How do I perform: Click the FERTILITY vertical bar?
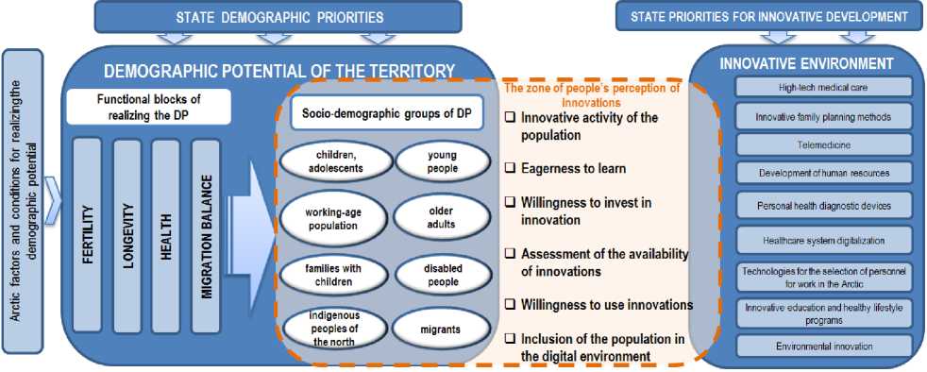tap(87, 235)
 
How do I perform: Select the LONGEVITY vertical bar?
tap(127, 235)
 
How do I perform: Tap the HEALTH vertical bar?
tap(166, 235)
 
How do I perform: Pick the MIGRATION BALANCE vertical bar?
tap(206, 235)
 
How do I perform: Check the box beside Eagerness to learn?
tap(509, 169)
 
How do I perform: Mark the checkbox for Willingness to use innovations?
tap(509, 305)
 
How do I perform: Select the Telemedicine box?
tap(823, 144)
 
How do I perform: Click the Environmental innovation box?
tap(823, 346)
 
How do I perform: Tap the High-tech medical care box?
tap(823, 88)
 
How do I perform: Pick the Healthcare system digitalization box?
tap(823, 241)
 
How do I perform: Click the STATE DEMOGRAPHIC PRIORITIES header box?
tap(278, 17)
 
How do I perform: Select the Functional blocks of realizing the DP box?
tap(148, 107)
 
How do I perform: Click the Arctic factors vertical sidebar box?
tap(23, 202)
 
